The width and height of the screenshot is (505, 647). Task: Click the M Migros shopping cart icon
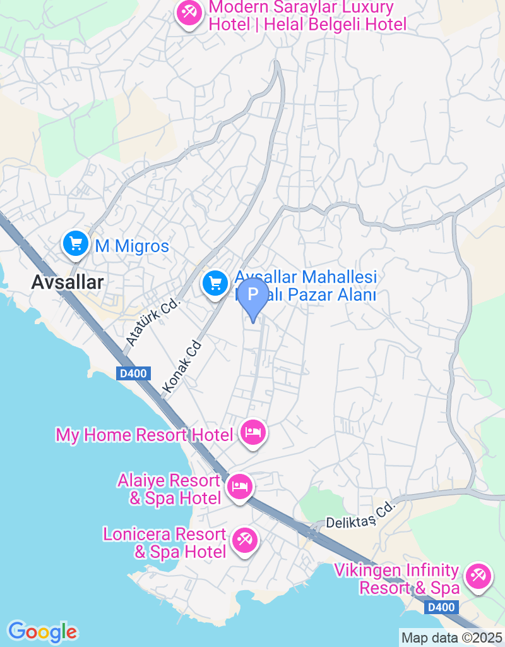click(75, 243)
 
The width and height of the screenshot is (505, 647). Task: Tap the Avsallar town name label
click(68, 282)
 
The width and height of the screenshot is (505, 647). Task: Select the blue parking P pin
click(254, 295)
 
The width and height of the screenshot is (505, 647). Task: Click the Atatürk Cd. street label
click(153, 323)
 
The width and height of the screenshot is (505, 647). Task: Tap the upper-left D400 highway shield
click(133, 373)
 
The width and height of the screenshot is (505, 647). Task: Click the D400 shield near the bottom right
click(439, 607)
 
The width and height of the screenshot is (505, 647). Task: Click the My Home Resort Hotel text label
click(145, 435)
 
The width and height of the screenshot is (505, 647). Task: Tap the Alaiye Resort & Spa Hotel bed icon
click(240, 487)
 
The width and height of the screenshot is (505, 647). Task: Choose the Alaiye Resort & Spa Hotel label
click(169, 490)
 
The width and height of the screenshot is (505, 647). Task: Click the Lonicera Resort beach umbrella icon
click(244, 541)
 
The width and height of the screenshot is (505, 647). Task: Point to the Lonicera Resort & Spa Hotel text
click(165, 543)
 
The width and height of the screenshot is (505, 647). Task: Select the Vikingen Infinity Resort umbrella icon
click(477, 576)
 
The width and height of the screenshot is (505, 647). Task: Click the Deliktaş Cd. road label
click(360, 514)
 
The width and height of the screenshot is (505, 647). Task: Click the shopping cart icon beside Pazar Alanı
click(215, 282)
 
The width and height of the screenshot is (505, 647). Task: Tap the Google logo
click(42, 631)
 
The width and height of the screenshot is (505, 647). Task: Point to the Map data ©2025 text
click(452, 638)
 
